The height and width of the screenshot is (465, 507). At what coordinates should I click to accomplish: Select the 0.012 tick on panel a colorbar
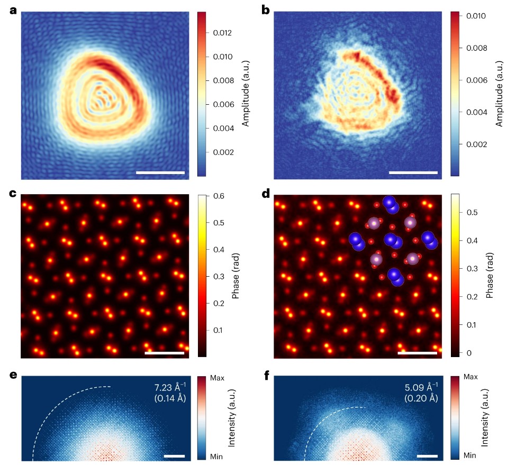tap(220, 33)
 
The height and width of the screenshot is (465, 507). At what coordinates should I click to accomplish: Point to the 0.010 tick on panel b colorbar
tap(473, 16)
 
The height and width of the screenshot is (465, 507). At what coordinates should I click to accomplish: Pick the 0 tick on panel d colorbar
tap(466, 352)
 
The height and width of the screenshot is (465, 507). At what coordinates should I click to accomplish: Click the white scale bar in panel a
tap(160, 172)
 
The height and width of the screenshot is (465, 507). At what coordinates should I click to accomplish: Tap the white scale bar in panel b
tap(413, 172)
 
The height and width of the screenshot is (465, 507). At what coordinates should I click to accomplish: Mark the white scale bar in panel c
tap(164, 352)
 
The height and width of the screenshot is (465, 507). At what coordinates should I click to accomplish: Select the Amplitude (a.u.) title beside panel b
tap(497, 93)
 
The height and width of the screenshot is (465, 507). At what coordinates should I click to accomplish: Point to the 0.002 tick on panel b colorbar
tap(473, 144)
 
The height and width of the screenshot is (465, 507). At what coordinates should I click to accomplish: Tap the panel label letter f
tap(267, 377)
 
